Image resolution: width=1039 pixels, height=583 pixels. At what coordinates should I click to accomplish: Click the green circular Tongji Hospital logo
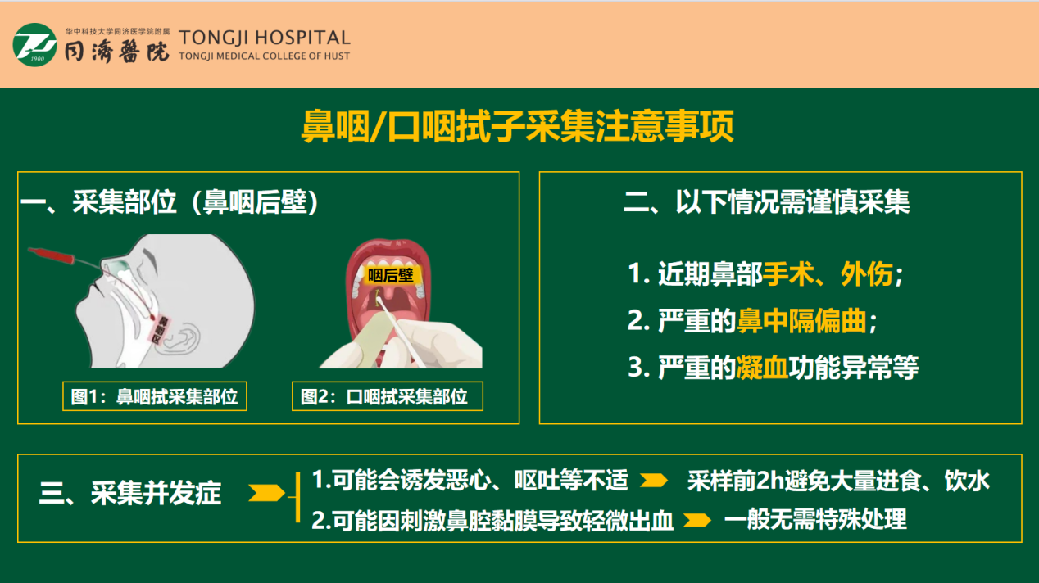(34, 45)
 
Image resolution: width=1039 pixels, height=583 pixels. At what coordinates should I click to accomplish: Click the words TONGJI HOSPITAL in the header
(264, 38)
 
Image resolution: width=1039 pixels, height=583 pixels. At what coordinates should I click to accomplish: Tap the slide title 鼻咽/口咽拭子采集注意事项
(518, 128)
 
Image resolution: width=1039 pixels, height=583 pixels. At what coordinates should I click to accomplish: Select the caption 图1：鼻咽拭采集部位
(154, 397)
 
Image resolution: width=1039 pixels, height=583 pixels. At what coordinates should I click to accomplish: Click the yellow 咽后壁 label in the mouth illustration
(389, 275)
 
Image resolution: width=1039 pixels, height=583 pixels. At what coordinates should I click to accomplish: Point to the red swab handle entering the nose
(57, 255)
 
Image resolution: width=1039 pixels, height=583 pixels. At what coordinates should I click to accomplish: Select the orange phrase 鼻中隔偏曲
(801, 322)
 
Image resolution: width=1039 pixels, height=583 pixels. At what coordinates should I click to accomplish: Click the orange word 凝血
(762, 368)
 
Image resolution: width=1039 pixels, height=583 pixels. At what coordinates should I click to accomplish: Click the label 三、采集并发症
(131, 494)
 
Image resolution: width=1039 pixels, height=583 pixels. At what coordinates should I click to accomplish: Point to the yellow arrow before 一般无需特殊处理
(696, 520)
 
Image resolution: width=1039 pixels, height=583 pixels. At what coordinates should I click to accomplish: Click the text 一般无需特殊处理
(815, 520)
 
